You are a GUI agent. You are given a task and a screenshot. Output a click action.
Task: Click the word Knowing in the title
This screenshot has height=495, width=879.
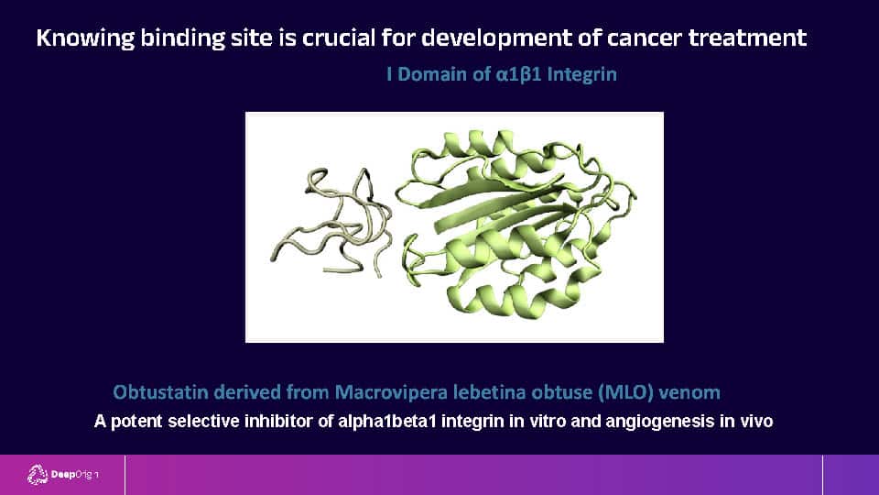pyautogui.click(x=85, y=38)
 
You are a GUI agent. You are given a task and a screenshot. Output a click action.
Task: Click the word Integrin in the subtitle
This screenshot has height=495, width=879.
pyautogui.click(x=582, y=74)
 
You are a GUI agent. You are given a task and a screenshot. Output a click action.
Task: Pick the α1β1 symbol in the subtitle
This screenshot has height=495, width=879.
pyautogui.click(x=518, y=74)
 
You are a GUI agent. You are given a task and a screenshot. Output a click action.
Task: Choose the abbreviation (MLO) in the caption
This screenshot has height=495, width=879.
pyautogui.click(x=625, y=391)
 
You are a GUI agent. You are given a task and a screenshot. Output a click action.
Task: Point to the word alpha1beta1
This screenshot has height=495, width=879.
pyautogui.click(x=387, y=421)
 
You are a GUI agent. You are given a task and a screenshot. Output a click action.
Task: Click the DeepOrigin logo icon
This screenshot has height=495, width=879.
pyautogui.click(x=38, y=475)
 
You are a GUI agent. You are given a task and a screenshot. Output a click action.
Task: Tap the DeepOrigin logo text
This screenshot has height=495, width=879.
pyautogui.click(x=75, y=475)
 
